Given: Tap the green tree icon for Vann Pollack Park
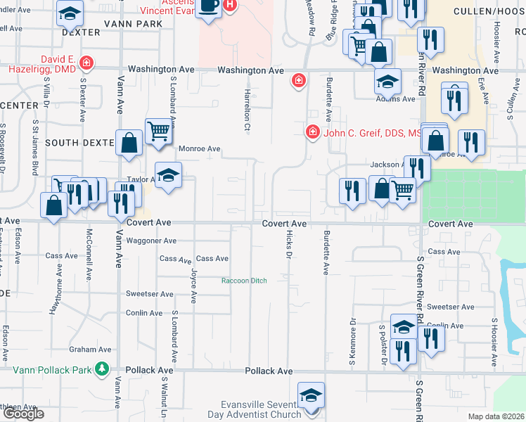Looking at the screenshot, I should click(x=102, y=369).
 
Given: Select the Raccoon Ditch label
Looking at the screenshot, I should click(x=244, y=281).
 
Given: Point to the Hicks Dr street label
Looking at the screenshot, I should click(x=288, y=245).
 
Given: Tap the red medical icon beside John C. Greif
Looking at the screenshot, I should click(x=311, y=132).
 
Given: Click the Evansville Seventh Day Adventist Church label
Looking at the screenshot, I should click(x=261, y=409).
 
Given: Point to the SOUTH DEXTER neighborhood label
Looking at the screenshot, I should click(x=79, y=142).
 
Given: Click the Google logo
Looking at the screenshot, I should click(x=23, y=414).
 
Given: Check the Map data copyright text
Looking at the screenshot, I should click(x=496, y=416).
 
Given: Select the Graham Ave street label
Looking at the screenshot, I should click(x=91, y=349).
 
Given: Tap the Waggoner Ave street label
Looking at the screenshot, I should click(x=151, y=241).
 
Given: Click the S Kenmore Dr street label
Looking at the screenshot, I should click(x=352, y=345).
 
